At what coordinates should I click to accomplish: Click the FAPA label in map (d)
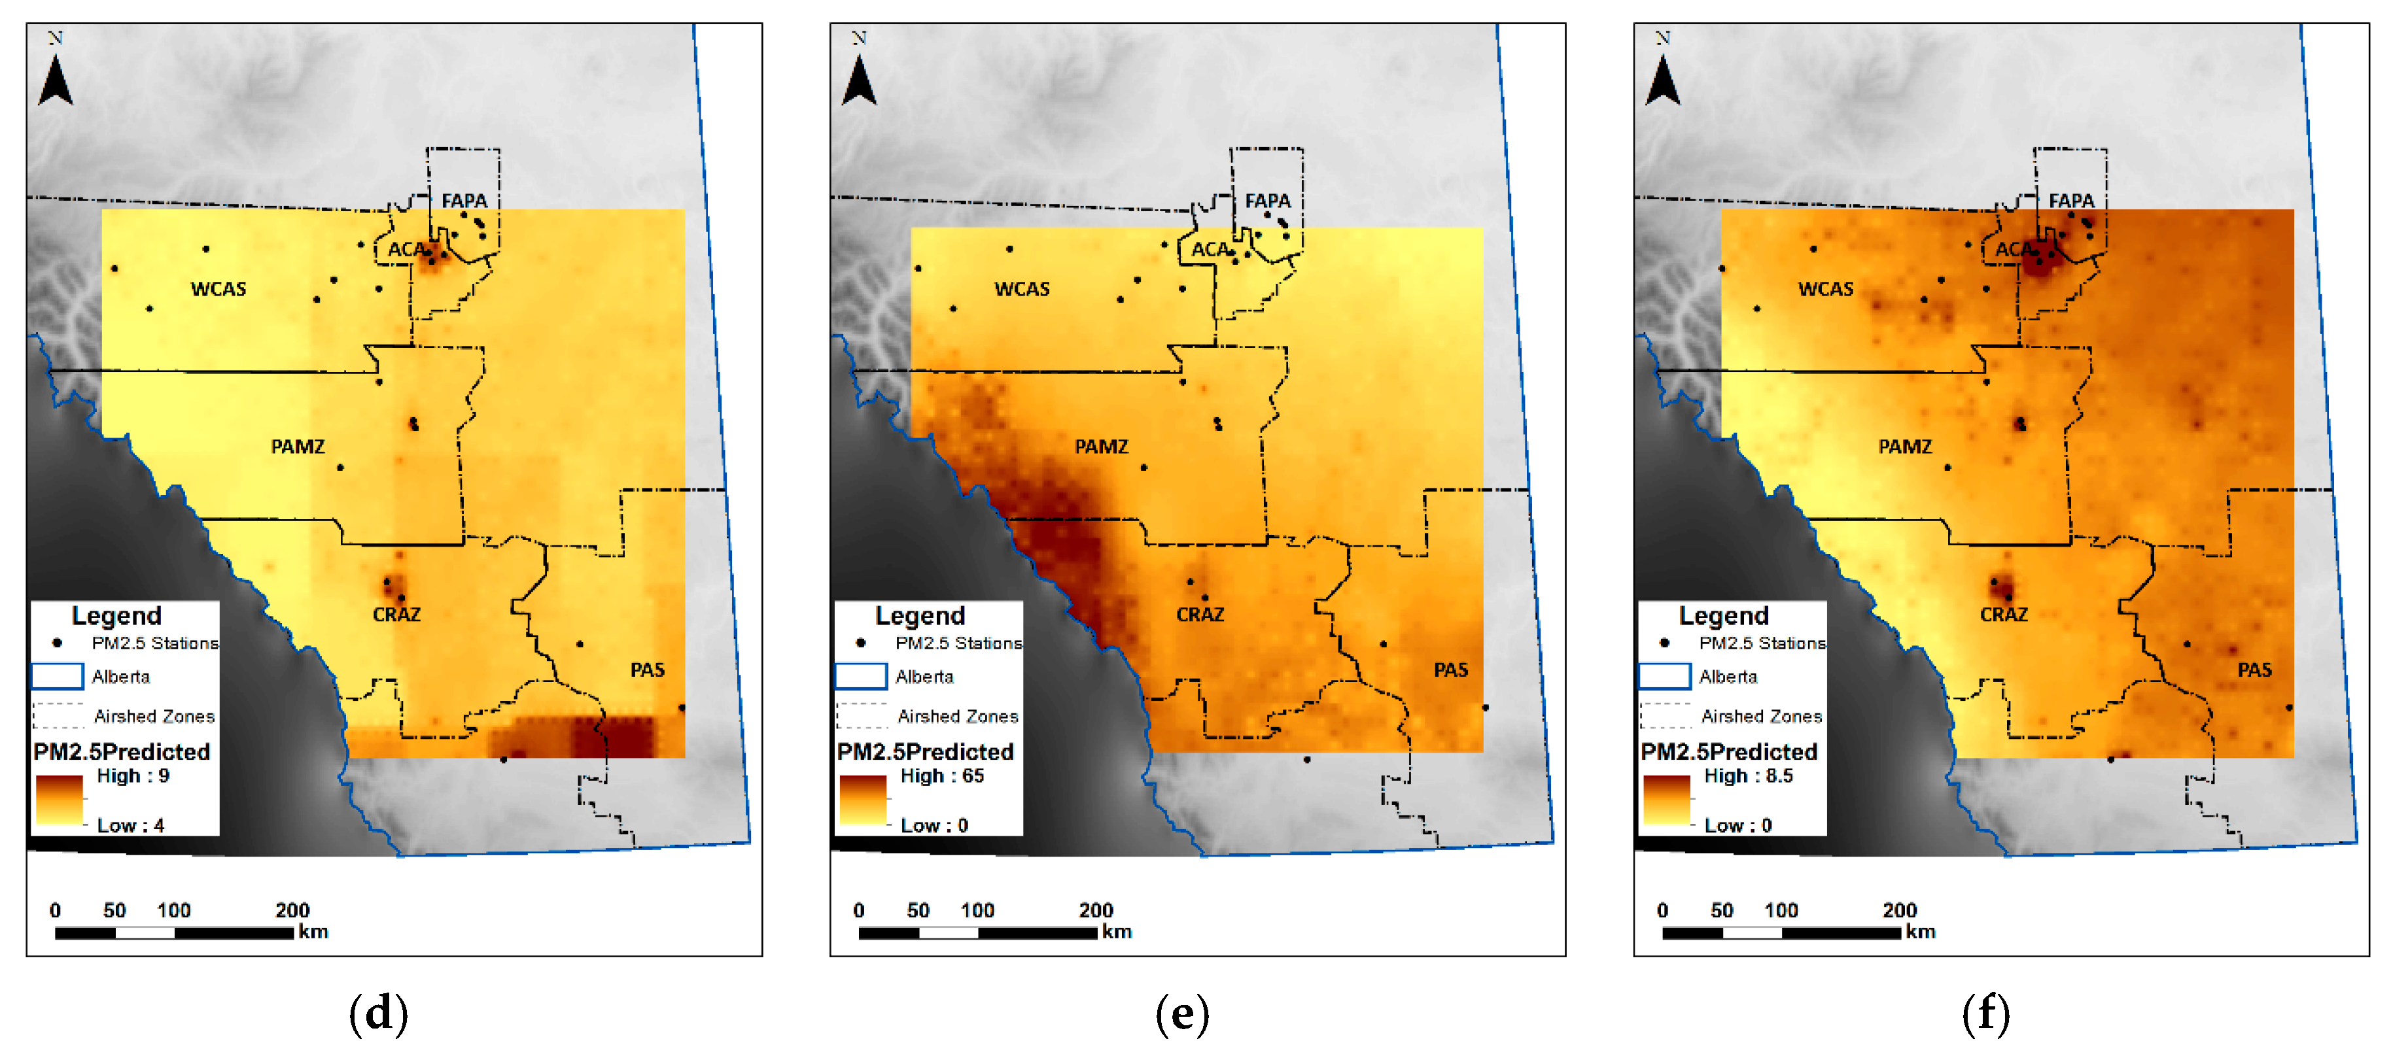(464, 201)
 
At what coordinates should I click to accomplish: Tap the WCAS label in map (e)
(1022, 288)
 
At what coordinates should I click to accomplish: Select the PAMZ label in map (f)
(1905, 447)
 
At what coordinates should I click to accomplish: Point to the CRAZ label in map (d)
(396, 614)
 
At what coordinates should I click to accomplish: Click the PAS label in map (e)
(1451, 670)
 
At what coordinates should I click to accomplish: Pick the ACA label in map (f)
(2012, 248)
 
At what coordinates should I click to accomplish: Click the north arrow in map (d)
(56, 79)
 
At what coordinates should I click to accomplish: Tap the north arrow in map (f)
(1662, 79)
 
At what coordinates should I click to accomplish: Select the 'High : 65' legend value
(942, 775)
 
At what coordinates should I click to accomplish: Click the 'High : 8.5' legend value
(1749, 775)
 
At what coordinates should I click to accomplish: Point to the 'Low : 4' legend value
(131, 825)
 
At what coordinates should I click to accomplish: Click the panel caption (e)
(1183, 1013)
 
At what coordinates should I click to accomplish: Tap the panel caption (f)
(1986, 1013)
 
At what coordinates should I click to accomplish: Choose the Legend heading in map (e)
(920, 615)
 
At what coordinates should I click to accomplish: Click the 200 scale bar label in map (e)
(1096, 910)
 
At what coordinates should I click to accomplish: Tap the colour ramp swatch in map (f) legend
(1667, 800)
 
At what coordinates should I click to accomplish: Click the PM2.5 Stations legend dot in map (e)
(862, 642)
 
